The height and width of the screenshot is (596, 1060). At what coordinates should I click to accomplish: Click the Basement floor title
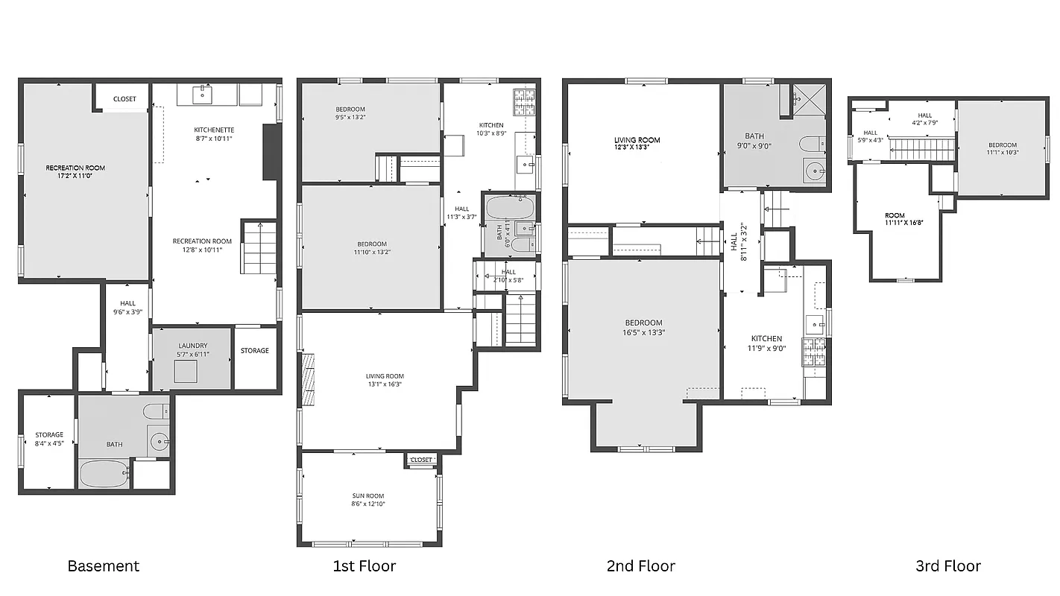coord(103,565)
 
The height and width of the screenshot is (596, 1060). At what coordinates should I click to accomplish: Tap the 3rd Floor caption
coord(947,565)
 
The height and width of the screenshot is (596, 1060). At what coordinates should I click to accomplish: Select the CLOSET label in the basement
coord(124,98)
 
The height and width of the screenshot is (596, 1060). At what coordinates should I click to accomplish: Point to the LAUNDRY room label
coord(192,346)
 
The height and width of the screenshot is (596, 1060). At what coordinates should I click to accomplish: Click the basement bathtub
coord(103,474)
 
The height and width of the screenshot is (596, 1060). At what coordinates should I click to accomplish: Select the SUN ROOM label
coord(368,495)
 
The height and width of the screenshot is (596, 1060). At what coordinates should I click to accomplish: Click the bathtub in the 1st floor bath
coord(510,207)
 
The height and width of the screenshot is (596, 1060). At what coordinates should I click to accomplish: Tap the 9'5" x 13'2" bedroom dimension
coord(350,117)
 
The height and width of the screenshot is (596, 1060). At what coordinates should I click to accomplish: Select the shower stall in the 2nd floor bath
coord(808,96)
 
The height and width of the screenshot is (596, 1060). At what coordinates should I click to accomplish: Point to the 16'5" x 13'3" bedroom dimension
coord(643,332)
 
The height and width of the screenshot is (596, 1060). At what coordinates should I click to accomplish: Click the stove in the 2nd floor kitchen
coord(813,350)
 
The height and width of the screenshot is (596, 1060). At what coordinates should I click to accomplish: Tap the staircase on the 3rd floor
coord(923,149)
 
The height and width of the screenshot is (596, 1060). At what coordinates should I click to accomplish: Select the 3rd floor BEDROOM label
coord(1002,145)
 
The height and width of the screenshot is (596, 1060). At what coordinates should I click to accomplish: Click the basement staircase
coord(259,247)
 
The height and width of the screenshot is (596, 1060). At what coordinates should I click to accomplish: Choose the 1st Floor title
coord(364,565)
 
